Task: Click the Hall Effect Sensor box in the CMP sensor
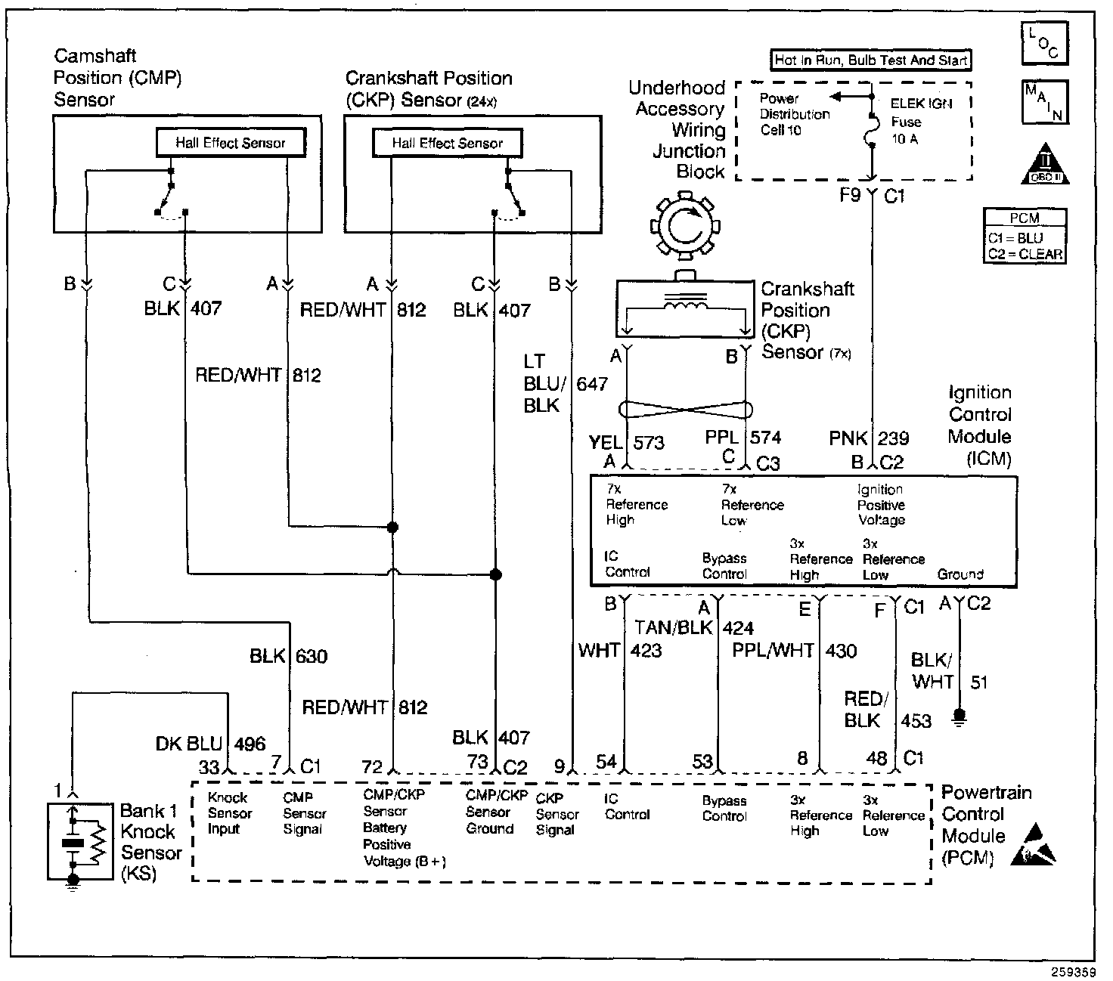(231, 143)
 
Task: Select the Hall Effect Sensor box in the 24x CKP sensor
(447, 143)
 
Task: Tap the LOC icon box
(1044, 43)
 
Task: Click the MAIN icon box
(1044, 101)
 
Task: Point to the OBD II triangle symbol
(1046, 164)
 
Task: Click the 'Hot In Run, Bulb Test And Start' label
(871, 60)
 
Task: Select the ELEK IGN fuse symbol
(871, 131)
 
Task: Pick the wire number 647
(592, 383)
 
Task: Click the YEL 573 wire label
(627, 443)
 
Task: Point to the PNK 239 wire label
(869, 438)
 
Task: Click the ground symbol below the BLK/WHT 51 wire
(960, 716)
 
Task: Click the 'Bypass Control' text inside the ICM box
(724, 566)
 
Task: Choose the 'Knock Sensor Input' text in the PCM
(230, 813)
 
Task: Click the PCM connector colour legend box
(1025, 237)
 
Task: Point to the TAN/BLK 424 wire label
(694, 628)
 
